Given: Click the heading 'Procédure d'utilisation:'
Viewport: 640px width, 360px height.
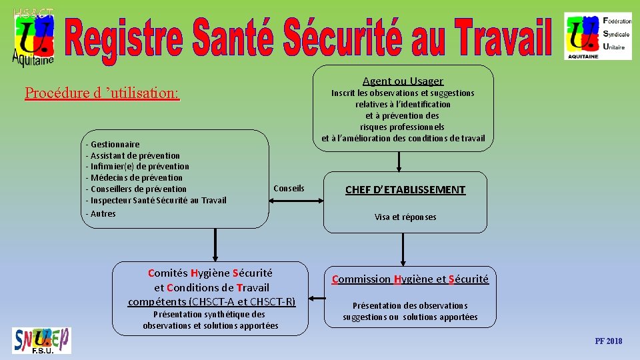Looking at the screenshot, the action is pyautogui.click(x=102, y=93).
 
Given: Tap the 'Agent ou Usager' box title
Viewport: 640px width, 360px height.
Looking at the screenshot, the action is pyautogui.click(x=403, y=81).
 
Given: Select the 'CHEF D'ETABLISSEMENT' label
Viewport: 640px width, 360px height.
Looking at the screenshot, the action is pyautogui.click(x=405, y=190).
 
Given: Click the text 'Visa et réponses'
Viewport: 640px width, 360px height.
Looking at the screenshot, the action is pyautogui.click(x=405, y=217).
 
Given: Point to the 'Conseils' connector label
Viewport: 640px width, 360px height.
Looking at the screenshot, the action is pyautogui.click(x=289, y=188).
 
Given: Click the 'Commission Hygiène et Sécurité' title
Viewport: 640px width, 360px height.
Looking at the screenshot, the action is pyautogui.click(x=410, y=279).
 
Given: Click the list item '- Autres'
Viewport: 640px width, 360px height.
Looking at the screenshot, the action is pyautogui.click(x=101, y=213).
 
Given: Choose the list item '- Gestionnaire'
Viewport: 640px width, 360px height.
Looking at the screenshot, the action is pyautogui.click(x=113, y=145).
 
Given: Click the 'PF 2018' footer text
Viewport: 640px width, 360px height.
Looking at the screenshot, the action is pyautogui.click(x=608, y=341).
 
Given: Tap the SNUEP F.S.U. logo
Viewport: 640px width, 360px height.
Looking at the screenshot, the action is pyautogui.click(x=41, y=341).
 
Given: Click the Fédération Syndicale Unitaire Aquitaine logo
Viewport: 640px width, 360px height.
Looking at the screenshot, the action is pyautogui.click(x=597, y=35).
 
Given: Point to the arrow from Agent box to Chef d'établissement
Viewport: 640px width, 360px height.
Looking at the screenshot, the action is pyautogui.click(x=399, y=161).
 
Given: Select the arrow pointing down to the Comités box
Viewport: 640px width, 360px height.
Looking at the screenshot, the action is pyautogui.click(x=215, y=245).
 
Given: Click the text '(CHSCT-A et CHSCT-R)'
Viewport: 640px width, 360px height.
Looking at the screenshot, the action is pyautogui.click(x=243, y=301).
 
